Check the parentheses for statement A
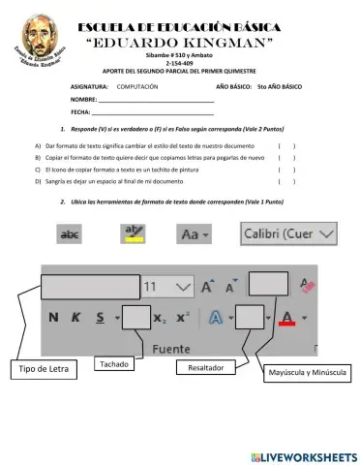(x=286, y=144)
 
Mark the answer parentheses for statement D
(x=286, y=181)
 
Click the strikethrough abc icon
(x=71, y=234)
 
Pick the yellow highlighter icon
(x=131, y=233)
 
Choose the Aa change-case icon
(x=194, y=234)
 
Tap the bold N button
(x=53, y=317)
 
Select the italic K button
(x=75, y=317)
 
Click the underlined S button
(x=100, y=317)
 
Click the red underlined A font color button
(x=286, y=317)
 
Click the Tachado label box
(x=120, y=363)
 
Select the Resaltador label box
(x=205, y=368)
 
